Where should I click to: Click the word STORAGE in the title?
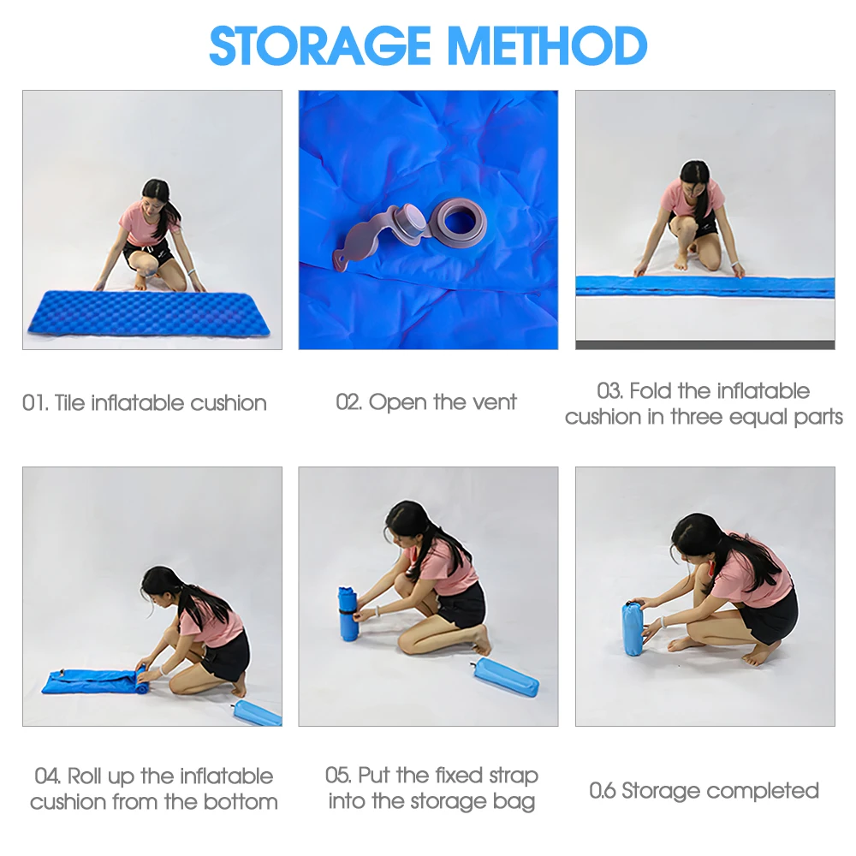coord(321,45)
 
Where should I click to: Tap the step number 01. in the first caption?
coord(35,403)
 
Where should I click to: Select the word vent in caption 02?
coord(495,402)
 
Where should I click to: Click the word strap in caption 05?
coord(513,776)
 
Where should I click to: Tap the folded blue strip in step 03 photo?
coord(704,287)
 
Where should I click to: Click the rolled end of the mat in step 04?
coord(141,681)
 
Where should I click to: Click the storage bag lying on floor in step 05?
coord(506,677)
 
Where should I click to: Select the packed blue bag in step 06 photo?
coord(633,627)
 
